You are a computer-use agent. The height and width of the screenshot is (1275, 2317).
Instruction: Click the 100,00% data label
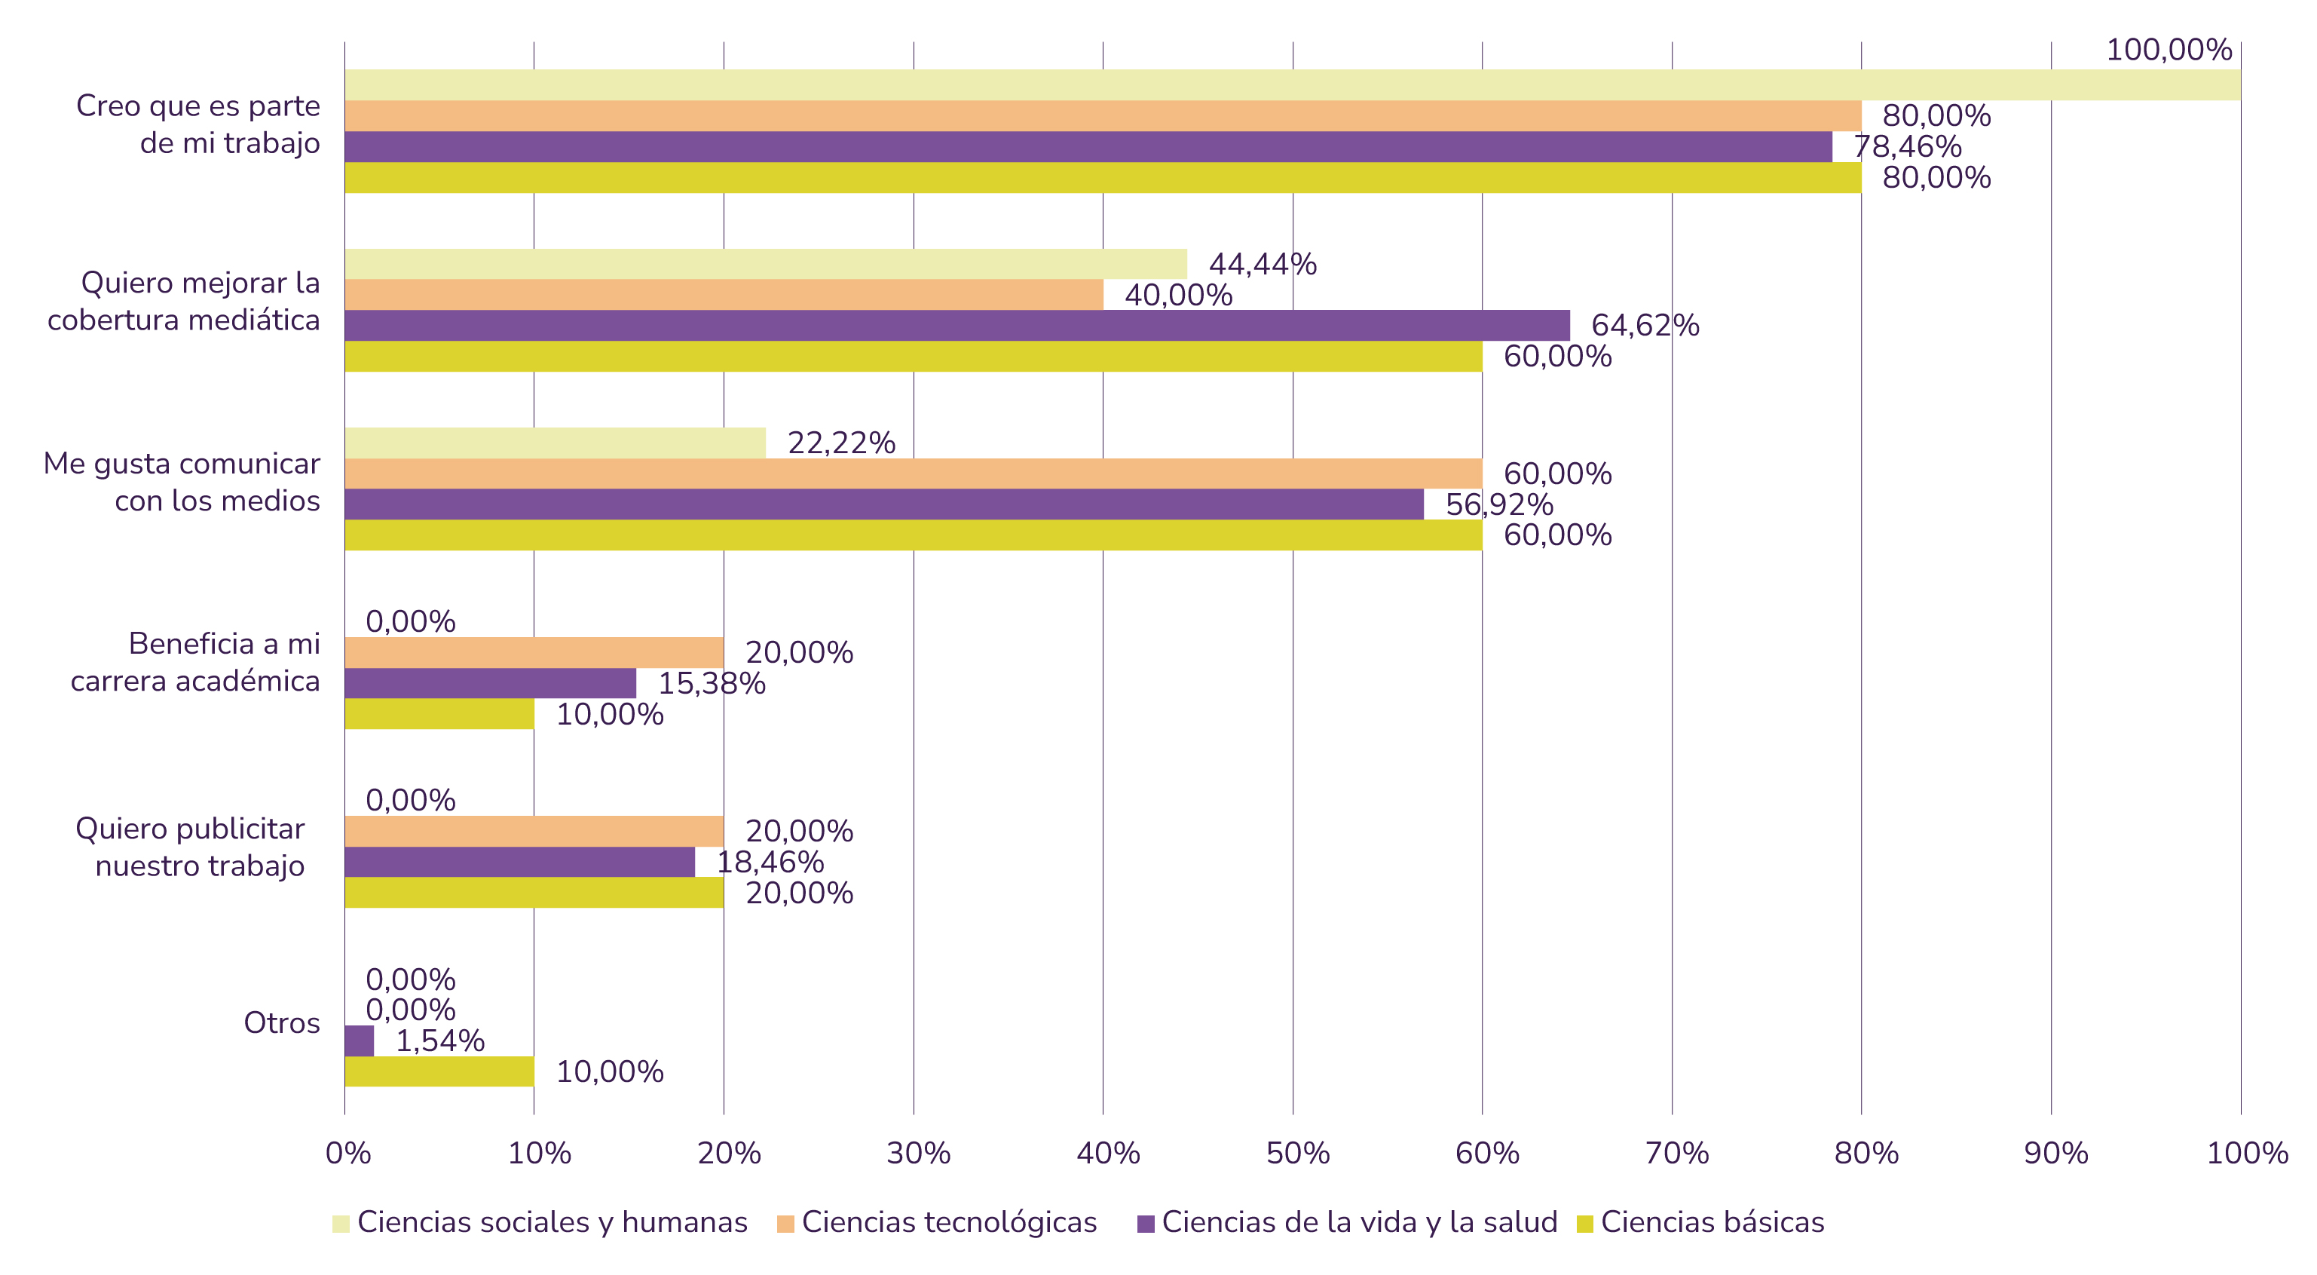coord(2169,50)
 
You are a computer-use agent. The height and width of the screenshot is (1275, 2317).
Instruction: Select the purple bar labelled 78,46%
coord(1088,147)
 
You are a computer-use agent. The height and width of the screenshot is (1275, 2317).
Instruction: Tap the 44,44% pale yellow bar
coord(766,264)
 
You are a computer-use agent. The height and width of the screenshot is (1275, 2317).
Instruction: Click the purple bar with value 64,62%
coord(957,325)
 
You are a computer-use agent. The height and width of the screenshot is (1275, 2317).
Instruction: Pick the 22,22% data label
coord(841,443)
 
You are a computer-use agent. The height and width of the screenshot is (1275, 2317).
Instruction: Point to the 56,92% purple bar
coord(883,504)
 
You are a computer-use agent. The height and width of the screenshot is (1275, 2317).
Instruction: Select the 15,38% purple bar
coord(490,683)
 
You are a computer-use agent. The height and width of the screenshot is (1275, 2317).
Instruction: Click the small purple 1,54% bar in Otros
coord(359,1041)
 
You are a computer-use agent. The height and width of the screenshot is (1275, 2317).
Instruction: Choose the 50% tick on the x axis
coord(1297,1153)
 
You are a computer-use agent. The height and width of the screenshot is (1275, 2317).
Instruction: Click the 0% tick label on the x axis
coord(348,1153)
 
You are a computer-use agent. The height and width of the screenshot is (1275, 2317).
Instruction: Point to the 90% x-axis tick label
coord(2055,1153)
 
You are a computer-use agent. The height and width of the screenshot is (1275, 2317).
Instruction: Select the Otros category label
coord(282,1023)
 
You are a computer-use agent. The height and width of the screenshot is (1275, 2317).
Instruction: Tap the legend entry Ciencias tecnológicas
coord(949,1222)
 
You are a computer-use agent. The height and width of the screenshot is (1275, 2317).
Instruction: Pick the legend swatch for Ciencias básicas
coord(1585,1224)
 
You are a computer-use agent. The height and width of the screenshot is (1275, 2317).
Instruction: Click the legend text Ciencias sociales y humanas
coord(552,1222)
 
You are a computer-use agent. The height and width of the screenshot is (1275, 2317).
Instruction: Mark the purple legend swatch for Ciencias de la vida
coord(1145,1224)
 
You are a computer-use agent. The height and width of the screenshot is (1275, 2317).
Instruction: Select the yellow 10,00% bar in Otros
coord(439,1071)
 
